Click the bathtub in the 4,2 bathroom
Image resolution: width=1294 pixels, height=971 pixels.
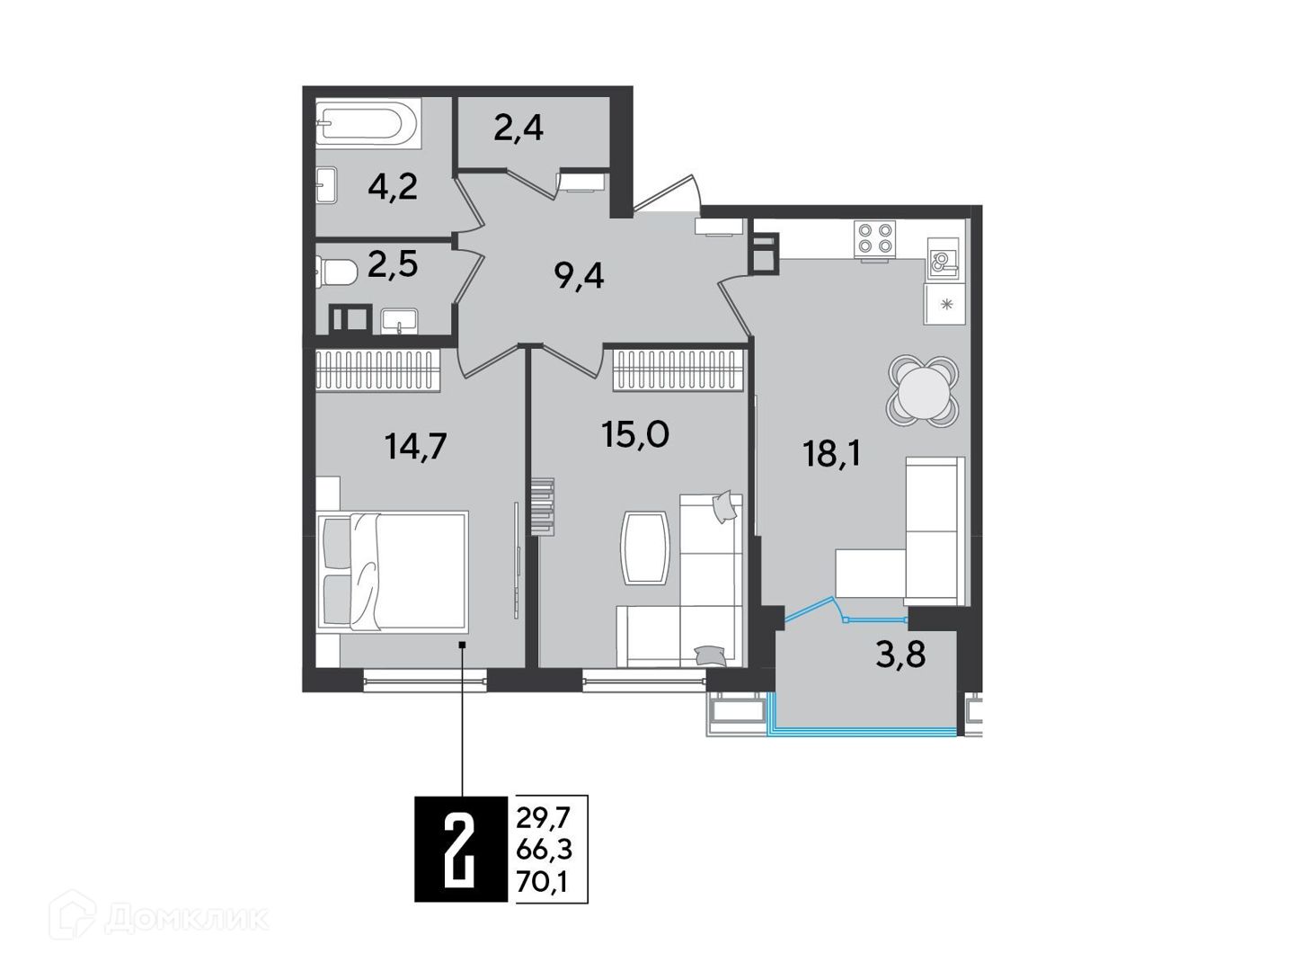point(368,124)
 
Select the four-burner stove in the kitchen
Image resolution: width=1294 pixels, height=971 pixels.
point(875,238)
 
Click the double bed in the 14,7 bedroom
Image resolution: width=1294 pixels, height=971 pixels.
point(392,572)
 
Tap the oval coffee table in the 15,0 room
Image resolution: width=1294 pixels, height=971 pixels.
point(645,548)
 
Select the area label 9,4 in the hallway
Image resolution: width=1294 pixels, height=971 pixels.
point(579,276)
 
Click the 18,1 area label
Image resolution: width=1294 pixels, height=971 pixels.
point(831,455)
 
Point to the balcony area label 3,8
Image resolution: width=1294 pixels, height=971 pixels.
point(900,655)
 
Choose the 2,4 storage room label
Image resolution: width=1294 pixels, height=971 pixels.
point(518,129)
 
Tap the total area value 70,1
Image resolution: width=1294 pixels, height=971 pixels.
point(541,882)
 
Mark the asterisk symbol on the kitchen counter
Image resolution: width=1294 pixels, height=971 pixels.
point(947,305)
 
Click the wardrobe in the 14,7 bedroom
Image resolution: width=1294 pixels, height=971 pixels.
point(378,370)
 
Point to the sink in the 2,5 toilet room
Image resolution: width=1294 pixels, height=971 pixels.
point(399,321)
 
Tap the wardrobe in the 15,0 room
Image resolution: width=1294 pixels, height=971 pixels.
point(676,370)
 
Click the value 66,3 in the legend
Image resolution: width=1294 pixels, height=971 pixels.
point(544,851)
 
